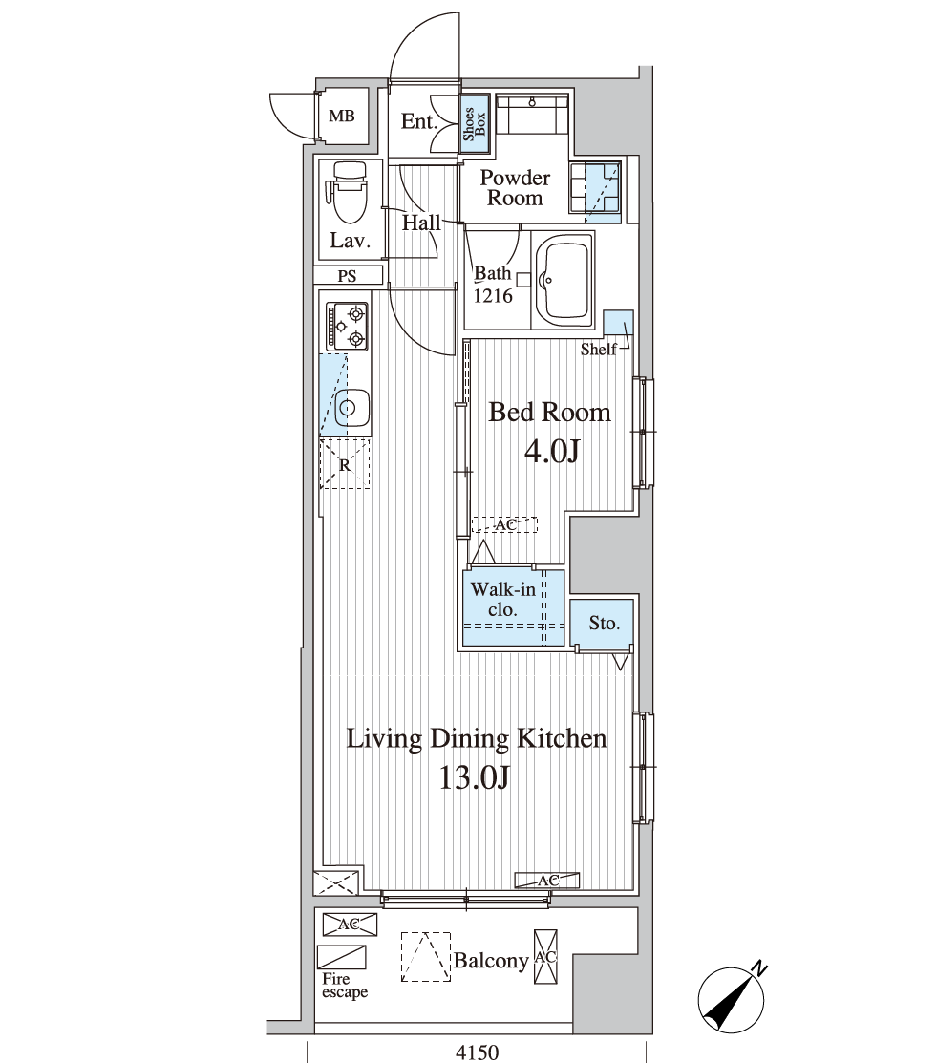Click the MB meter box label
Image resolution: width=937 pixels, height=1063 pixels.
342,116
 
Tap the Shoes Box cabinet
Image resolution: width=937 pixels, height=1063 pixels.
475,122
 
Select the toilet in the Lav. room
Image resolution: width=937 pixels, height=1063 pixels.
348,192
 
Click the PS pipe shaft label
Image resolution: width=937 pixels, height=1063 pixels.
347,276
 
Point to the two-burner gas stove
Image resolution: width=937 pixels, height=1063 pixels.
347,326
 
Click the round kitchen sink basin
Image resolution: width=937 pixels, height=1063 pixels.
348,408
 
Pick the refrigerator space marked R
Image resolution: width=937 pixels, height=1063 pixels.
345,464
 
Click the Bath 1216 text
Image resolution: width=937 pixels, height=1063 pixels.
493,284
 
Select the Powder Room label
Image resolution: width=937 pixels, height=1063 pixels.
515,188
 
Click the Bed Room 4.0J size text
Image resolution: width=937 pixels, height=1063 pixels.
552,451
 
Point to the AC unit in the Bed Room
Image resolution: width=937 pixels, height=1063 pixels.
504,524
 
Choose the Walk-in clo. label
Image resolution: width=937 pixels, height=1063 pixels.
503,599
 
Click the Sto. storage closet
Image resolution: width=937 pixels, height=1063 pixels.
602,623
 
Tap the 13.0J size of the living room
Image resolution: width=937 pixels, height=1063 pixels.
474,776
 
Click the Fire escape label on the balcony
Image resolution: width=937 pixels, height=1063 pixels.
345,986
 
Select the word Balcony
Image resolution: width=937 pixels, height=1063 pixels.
491,961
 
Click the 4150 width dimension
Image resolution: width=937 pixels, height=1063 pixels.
476,1052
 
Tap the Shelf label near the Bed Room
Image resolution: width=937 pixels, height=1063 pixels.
598,350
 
